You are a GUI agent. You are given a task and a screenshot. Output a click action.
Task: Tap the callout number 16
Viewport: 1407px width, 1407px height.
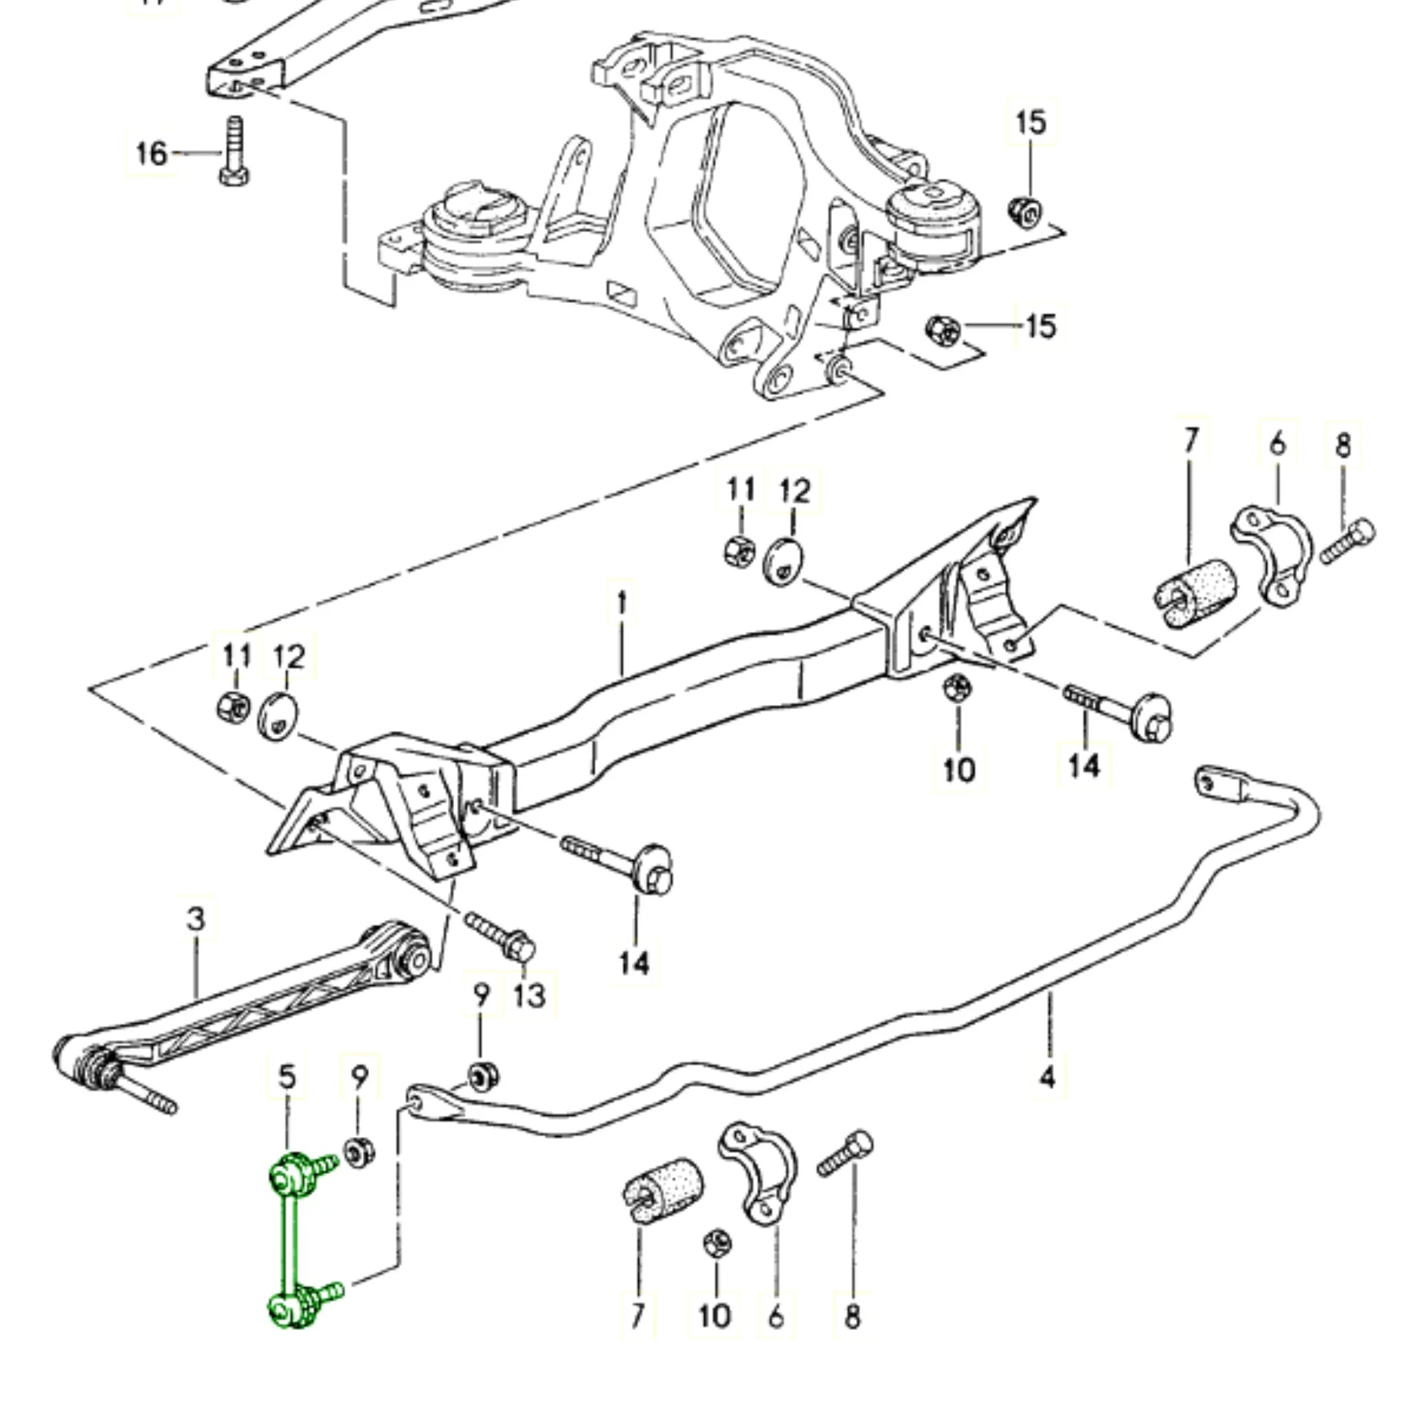coord(151,154)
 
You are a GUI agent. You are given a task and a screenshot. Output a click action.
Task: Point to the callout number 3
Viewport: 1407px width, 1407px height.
coord(196,919)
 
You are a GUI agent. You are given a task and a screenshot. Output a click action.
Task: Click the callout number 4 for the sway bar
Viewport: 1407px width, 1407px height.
coord(1046,1077)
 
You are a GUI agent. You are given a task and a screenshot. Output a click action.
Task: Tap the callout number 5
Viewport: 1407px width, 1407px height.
coord(288,1077)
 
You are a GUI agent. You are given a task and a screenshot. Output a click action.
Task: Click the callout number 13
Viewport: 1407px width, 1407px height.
coord(530,995)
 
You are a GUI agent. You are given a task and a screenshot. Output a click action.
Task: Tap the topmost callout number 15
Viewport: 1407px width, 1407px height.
coord(1031,122)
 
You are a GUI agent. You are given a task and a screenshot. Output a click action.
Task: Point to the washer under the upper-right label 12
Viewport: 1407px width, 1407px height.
coord(784,561)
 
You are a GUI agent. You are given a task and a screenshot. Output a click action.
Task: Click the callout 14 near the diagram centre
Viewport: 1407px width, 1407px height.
coord(634,963)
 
